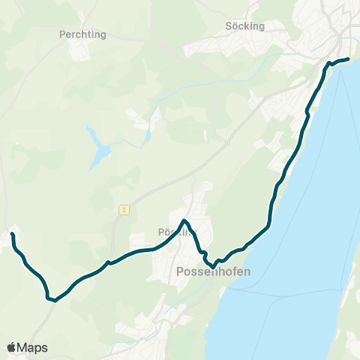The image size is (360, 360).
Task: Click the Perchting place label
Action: pos(82,34)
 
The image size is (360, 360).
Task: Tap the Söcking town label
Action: pos(245,25)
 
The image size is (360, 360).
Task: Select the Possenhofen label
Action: pos(212,272)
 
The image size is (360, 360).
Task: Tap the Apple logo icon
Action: pos(11,347)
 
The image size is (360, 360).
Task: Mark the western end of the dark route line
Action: pos(12,235)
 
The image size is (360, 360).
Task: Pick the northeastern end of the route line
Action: pos(348,58)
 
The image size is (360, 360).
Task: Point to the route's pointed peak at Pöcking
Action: pos(185,220)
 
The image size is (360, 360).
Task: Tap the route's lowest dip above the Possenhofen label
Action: pos(214,266)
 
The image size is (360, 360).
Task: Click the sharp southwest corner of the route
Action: pos(52,300)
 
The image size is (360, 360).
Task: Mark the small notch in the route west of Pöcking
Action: pos(109,262)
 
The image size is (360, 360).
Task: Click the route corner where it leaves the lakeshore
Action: pos(268,223)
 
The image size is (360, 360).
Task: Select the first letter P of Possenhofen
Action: pos(179,272)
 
